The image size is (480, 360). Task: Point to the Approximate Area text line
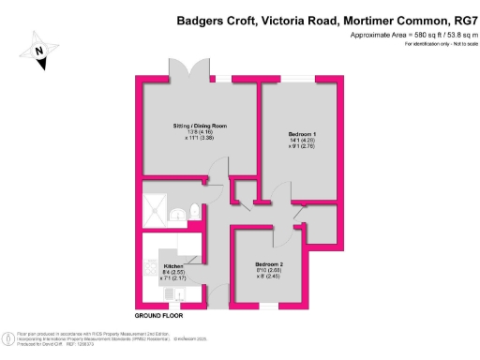(410, 35)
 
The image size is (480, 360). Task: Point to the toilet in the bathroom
(193, 211)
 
